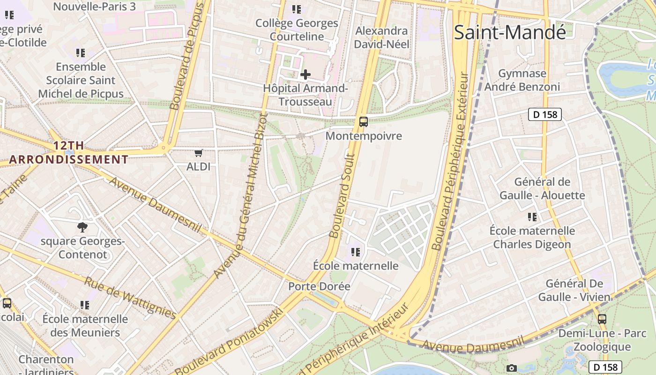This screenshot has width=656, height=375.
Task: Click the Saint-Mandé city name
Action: click(510, 32)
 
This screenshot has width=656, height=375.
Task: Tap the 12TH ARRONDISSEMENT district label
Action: click(68, 152)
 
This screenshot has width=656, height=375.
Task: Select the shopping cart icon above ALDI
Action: click(199, 153)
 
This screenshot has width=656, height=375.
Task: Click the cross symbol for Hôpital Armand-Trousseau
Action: click(306, 74)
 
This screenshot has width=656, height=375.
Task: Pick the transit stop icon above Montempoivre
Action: click(363, 122)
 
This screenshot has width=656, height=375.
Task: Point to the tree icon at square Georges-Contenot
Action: click(82, 227)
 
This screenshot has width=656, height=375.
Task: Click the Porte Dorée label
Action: click(319, 286)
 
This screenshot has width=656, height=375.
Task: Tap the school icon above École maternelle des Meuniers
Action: click(85, 305)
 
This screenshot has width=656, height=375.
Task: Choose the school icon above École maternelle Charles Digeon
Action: click(532, 217)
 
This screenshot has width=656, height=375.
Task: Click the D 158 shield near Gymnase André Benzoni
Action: click(544, 114)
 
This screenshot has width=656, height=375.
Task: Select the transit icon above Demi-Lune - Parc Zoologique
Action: click(602, 319)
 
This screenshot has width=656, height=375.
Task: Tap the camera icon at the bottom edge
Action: click(512, 368)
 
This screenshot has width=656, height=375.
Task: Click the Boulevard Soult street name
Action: click(342, 195)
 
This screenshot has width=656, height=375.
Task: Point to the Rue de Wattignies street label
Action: click(130, 298)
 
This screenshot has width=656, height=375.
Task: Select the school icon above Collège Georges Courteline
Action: click(296, 9)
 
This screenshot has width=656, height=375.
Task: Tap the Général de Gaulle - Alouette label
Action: click(542, 188)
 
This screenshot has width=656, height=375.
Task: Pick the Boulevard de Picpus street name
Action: click(188, 56)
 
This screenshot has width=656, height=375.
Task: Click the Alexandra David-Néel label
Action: click(382, 37)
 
